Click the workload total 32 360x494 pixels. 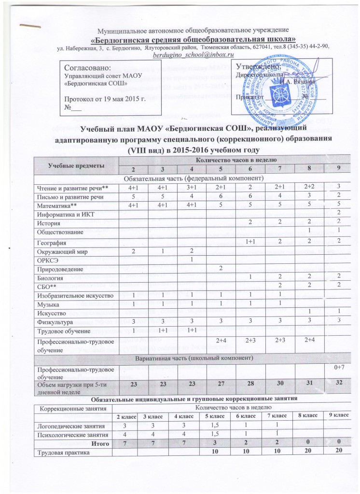(339, 383)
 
